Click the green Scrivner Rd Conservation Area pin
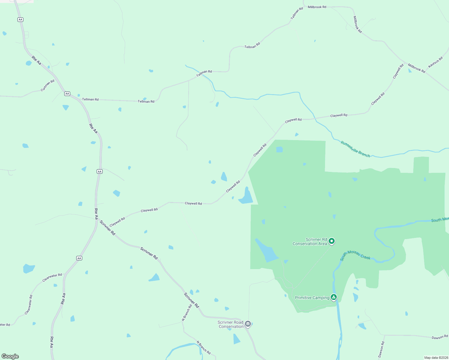click(332, 241)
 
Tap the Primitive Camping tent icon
click(333, 297)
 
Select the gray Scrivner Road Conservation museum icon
click(248, 324)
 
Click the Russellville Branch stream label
click(355, 149)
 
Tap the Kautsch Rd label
click(435, 62)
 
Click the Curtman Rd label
click(48, 85)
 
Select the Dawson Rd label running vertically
click(381, 349)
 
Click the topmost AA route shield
click(20, 19)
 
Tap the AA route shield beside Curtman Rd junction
click(67, 94)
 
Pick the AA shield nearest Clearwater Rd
click(79, 258)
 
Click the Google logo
click(10, 356)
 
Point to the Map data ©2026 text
click(435, 358)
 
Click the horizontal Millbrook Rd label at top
click(317, 7)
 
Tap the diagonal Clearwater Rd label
click(52, 277)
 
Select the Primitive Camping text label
click(312, 298)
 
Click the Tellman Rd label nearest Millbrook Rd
click(297, 13)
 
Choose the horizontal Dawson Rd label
click(440, 337)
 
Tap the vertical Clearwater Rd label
click(29, 305)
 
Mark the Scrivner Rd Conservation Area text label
click(310, 241)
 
